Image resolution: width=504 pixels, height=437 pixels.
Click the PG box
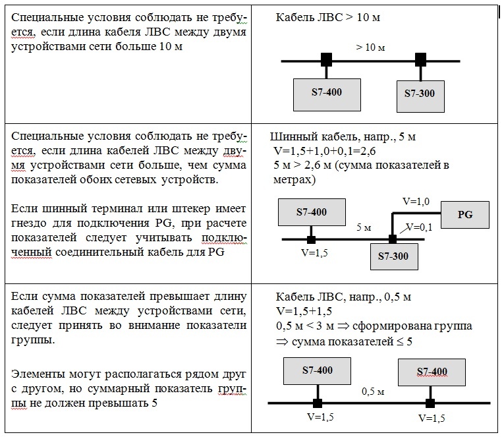click(464, 214)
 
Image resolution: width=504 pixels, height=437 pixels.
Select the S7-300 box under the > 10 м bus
click(420, 96)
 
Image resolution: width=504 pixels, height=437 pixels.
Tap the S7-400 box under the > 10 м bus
click(327, 95)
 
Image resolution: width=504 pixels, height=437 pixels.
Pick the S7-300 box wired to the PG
click(394, 256)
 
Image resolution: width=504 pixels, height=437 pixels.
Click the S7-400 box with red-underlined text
click(432, 372)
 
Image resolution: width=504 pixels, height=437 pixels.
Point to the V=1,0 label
click(416, 201)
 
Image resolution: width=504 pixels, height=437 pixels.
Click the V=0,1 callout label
click(419, 227)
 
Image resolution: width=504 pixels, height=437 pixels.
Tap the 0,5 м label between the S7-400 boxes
click(373, 392)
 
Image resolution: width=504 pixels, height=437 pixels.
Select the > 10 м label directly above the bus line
click(370, 47)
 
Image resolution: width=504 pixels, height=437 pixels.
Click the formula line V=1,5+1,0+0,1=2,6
click(324, 151)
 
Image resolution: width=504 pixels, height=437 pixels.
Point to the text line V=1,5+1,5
click(304, 311)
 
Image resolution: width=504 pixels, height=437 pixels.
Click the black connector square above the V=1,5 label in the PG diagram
click(311, 239)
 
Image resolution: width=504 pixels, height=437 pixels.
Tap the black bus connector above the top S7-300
click(420, 60)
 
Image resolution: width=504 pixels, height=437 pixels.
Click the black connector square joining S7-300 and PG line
click(393, 239)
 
